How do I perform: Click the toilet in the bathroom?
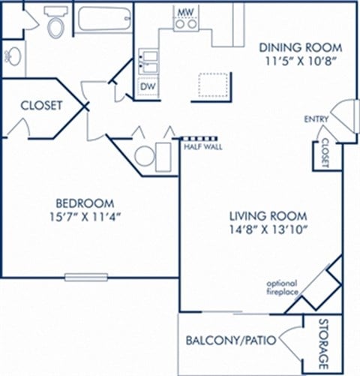tap(55, 26)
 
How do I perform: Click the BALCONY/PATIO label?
tap(230, 341)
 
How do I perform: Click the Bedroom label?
tap(85, 203)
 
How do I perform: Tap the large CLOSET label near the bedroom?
tap(40, 106)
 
